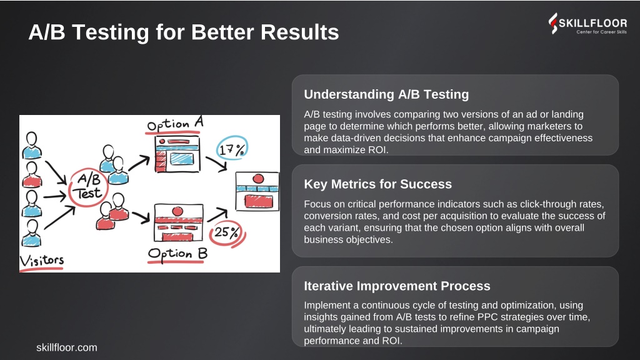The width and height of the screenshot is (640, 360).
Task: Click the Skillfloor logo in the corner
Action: pos(587,24)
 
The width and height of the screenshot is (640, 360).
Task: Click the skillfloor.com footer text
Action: pos(66,347)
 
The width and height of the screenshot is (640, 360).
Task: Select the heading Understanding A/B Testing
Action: pos(386,94)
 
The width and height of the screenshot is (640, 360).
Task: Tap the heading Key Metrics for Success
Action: pos(377,184)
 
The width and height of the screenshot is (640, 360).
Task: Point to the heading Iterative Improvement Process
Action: pos(397,286)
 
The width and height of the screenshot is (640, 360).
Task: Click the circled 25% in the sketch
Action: pos(227,233)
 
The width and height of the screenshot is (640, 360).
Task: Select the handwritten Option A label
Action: pos(175,124)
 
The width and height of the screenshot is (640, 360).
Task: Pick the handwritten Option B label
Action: pos(177,254)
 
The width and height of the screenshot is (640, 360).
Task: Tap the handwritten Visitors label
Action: pos(42,261)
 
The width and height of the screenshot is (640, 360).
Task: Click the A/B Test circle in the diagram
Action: pos(88,187)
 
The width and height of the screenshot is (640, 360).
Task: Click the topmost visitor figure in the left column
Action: pos(31,145)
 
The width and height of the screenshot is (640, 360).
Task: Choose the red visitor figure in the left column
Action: pos(31,175)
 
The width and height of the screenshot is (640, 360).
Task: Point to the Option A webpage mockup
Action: pos(177,154)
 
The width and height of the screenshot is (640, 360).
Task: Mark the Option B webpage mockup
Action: pos(178,222)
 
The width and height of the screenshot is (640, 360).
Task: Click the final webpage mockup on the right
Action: pos(257,191)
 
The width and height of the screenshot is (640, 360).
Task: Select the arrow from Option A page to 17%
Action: pos(216,163)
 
